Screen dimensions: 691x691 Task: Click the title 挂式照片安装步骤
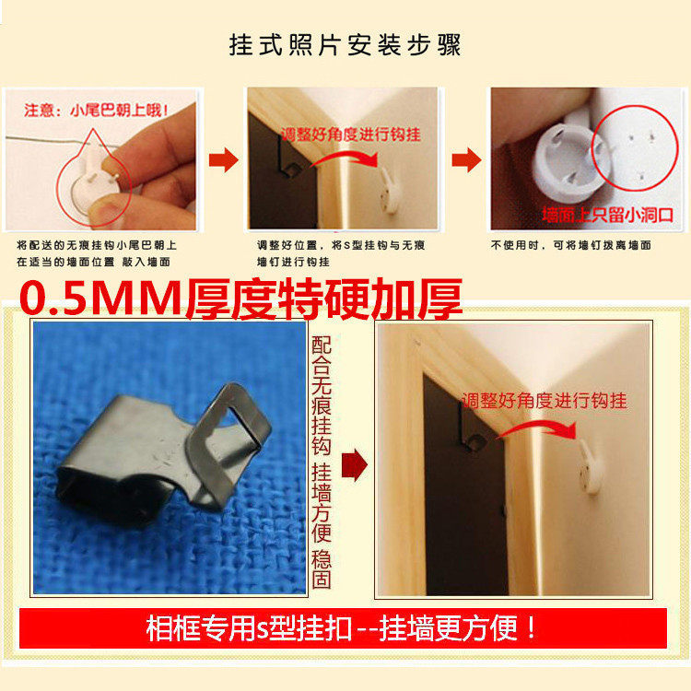click(x=345, y=45)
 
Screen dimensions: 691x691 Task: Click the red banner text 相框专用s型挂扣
click(x=249, y=629)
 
